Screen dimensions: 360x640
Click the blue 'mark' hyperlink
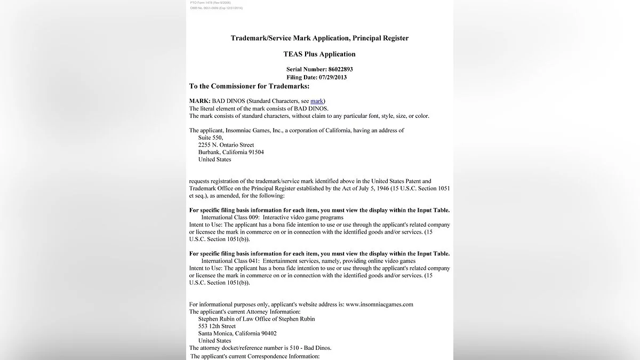pos(317,101)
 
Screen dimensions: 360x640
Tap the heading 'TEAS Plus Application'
pos(319,54)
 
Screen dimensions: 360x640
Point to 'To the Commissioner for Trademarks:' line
pos(249,86)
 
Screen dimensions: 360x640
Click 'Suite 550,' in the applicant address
pos(210,138)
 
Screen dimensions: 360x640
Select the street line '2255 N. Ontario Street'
pos(226,145)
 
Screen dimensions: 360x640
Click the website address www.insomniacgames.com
pos(379,305)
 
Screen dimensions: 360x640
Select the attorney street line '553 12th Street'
pos(217,326)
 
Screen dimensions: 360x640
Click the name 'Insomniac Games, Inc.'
pos(248,131)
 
